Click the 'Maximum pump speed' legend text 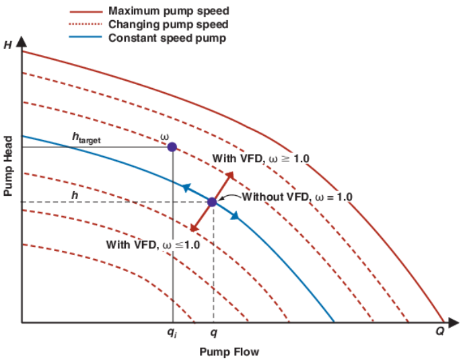[x=168, y=11]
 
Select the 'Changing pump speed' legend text [x=168, y=24]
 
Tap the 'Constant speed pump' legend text [x=167, y=38]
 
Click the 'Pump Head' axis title [x=8, y=165]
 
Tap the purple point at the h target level [x=172, y=147]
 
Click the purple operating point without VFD [x=212, y=202]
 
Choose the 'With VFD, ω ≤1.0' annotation [x=153, y=244]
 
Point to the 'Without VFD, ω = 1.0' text [x=297, y=197]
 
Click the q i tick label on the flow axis [x=172, y=333]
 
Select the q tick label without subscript [x=214, y=333]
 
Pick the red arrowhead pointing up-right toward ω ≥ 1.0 [x=231, y=175]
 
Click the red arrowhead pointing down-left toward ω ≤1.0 [x=194, y=229]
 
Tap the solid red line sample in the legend [x=85, y=11]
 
